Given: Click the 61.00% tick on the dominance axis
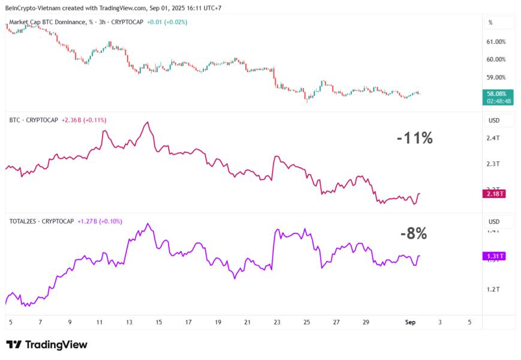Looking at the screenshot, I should pyautogui.click(x=496, y=41).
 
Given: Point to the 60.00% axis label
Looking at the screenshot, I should pyautogui.click(x=496, y=59).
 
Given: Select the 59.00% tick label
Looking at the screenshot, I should pyautogui.click(x=496, y=77).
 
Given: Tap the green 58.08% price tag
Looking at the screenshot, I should pyautogui.click(x=498, y=94).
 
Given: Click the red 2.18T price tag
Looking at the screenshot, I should pyautogui.click(x=495, y=194).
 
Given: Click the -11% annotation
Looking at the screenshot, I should pyautogui.click(x=414, y=138).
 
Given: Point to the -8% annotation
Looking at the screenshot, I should pyautogui.click(x=414, y=234).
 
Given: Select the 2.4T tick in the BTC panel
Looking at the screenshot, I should pyautogui.click(x=493, y=139).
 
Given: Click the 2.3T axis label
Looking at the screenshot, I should pyautogui.click(x=493, y=164).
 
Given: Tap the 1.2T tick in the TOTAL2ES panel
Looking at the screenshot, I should pyautogui.click(x=493, y=290).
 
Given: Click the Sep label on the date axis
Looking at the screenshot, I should pyautogui.click(x=410, y=322).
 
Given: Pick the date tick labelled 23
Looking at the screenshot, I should pyautogui.click(x=277, y=322).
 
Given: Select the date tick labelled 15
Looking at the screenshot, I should pyautogui.click(x=158, y=322).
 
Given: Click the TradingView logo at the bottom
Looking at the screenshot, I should pyautogui.click(x=47, y=344).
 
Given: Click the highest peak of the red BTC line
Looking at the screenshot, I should pyautogui.click(x=147, y=122).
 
